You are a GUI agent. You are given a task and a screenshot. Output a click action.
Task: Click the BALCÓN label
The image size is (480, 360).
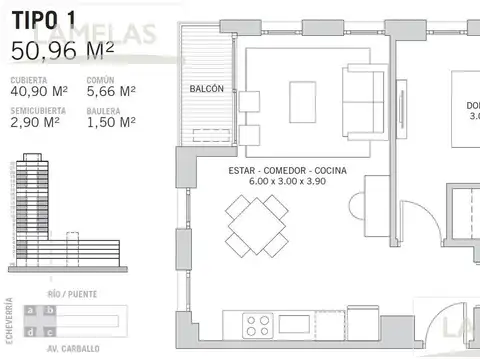[x=207, y=89]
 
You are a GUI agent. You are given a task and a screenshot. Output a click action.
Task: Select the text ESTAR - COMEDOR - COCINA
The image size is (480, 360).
[x=287, y=171]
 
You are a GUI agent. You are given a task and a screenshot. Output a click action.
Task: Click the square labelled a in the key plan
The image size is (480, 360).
[x=33, y=310]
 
